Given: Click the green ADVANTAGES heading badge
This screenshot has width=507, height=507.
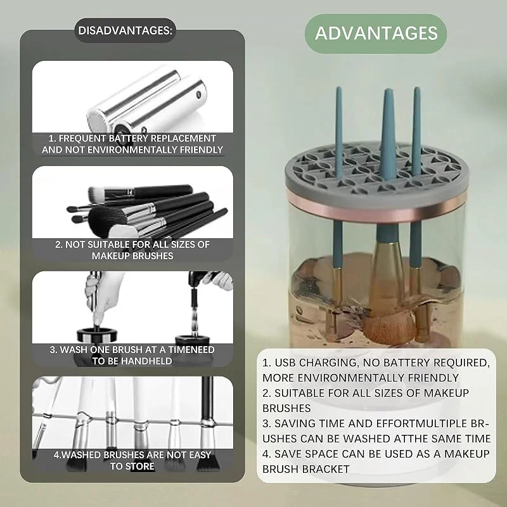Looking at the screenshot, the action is coord(376,34).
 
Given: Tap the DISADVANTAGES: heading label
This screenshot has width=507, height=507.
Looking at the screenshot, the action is coord(125,30).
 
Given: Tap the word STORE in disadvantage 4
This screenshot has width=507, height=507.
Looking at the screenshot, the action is coord(141,466).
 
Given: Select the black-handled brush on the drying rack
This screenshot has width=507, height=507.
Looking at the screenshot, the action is coord(207,423).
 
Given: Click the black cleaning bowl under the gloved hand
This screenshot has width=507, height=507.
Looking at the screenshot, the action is coord(97,335).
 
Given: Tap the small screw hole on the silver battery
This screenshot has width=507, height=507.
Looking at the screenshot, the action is coord(198,94).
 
